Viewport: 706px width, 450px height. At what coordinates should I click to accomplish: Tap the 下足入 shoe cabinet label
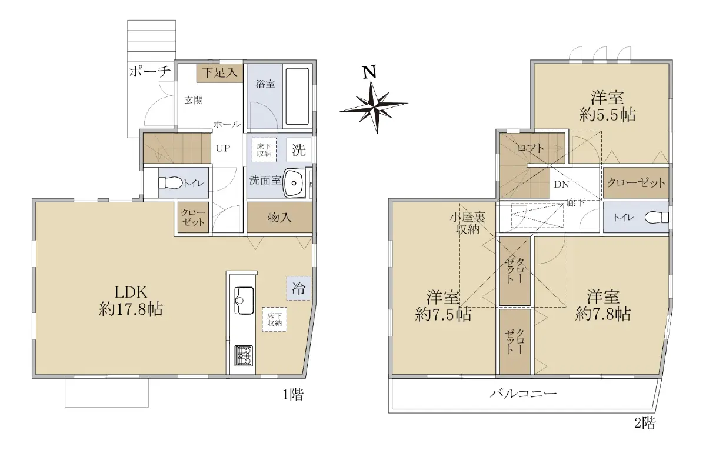219,73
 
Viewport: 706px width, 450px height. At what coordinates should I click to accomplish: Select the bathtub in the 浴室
297,96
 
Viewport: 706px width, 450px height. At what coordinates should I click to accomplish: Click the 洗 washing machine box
299,149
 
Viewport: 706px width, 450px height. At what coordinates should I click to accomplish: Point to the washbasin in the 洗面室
294,182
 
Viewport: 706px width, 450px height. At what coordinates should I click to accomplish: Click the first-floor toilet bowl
171,183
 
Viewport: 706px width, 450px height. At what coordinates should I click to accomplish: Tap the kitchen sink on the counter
244,301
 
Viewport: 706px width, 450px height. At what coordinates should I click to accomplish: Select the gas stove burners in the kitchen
244,355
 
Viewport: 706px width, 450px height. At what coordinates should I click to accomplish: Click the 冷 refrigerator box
299,288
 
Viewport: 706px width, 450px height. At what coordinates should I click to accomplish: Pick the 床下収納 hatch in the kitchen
274,319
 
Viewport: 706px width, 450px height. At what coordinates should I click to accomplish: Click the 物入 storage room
279,218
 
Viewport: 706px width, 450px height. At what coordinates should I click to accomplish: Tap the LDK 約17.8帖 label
131,301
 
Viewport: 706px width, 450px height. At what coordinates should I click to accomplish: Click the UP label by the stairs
223,148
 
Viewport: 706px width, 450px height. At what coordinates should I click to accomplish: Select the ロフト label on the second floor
531,148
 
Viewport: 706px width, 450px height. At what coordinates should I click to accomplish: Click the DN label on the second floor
562,185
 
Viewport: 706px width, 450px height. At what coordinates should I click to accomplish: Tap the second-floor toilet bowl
657,218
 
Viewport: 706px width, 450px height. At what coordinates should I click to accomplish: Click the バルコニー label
523,394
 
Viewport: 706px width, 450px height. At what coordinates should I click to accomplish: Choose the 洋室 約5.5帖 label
607,106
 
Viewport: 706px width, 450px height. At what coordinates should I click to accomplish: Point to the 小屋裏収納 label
467,223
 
